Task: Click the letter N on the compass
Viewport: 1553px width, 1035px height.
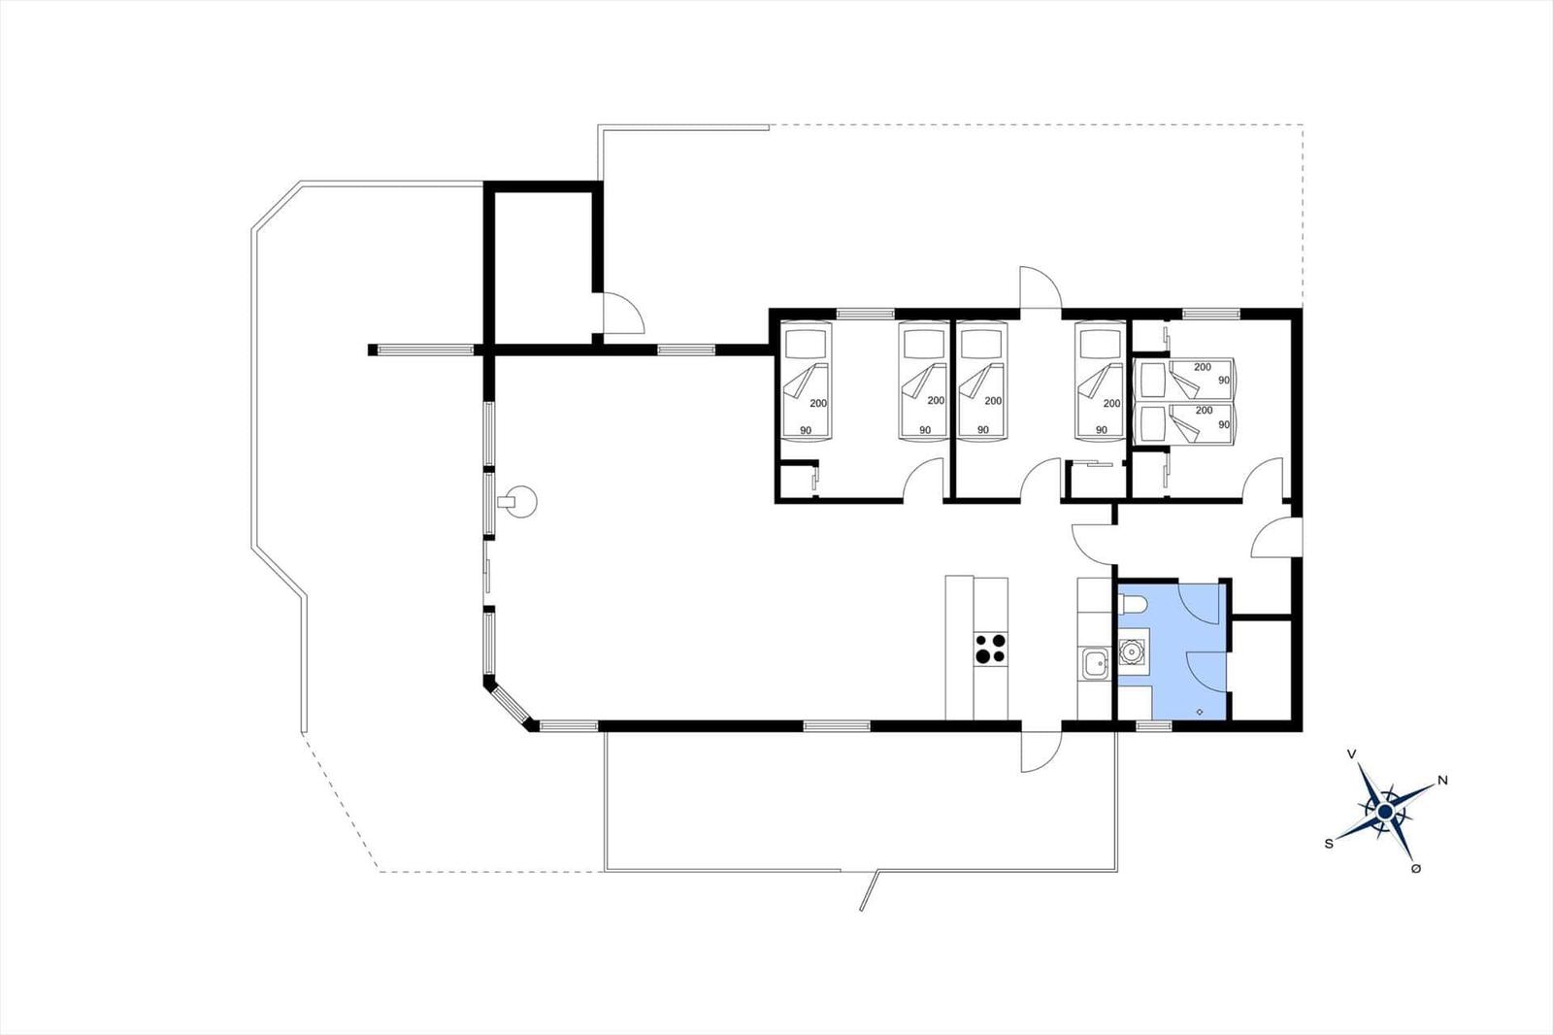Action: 1442,781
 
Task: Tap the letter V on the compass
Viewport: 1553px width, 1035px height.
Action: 1351,754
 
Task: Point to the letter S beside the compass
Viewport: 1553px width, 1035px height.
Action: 1329,844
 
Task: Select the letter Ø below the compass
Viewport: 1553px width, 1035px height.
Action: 1416,869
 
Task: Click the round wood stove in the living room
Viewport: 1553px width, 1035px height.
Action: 519,501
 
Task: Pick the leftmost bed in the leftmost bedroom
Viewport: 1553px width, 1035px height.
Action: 807,381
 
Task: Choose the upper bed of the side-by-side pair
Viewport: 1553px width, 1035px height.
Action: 1184,379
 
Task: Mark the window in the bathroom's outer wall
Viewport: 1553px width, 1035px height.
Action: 1154,726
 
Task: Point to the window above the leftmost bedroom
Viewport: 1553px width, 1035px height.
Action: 865,314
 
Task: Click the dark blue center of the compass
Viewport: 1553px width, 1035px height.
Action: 1385,811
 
